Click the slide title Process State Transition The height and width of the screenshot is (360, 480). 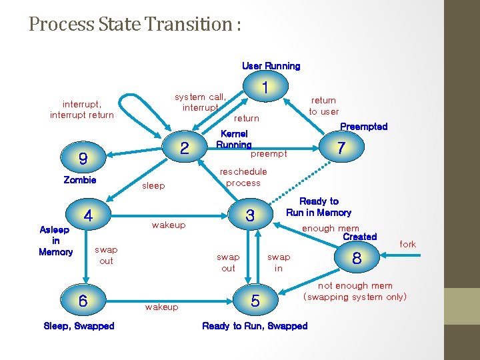[135, 25]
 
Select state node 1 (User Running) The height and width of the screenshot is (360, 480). [265, 87]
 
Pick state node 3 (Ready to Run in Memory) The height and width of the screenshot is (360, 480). [250, 215]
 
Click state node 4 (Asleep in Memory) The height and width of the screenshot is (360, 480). [88, 215]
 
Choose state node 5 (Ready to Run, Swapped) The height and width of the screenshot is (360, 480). [255, 301]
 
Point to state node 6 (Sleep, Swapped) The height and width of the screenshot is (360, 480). [83, 301]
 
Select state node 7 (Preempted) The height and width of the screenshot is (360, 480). [341, 148]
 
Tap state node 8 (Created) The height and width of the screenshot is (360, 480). [357, 259]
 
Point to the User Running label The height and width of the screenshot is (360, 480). [271, 66]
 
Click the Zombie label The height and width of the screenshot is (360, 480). [80, 180]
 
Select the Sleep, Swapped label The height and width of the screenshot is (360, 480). [79, 326]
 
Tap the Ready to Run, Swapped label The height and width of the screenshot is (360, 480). [255, 326]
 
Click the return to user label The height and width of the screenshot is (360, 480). [324, 106]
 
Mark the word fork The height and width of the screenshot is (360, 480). [407, 244]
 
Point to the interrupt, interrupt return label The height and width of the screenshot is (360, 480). [82, 109]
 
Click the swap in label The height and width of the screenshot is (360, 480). [279, 262]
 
